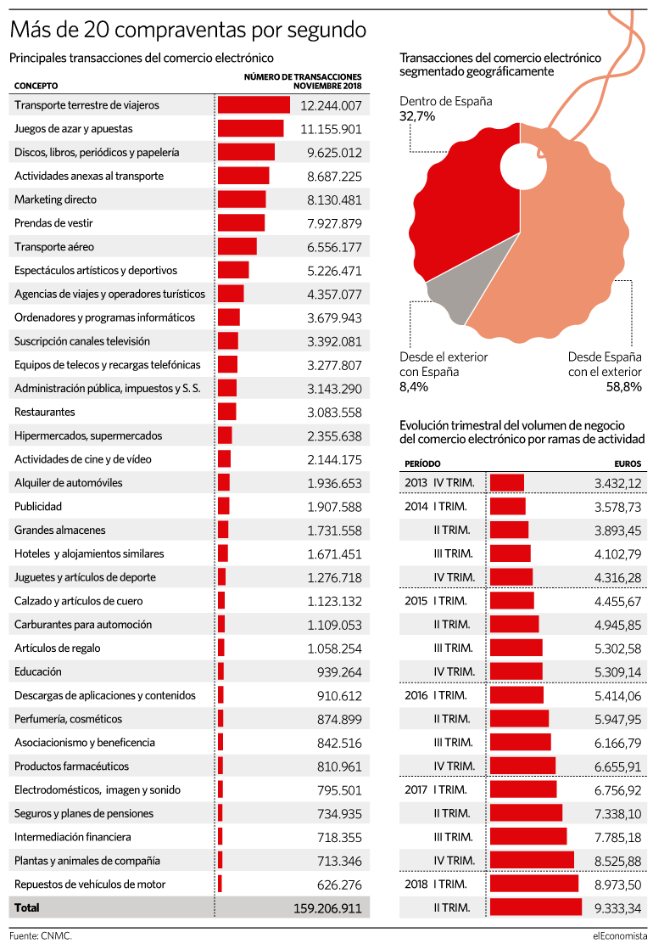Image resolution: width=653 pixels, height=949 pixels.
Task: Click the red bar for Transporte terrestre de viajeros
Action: [254, 105]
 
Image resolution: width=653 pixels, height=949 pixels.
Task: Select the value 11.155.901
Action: [331, 129]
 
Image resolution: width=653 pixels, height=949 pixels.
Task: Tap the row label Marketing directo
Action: [56, 199]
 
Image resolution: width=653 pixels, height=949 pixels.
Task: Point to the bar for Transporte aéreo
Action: [237, 246]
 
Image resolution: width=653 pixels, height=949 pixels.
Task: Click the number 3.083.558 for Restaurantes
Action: [334, 413]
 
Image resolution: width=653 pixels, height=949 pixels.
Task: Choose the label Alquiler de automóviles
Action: [69, 483]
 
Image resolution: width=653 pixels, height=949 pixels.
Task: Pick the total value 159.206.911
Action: [327, 908]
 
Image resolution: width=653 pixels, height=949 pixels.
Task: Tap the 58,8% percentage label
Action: [624, 387]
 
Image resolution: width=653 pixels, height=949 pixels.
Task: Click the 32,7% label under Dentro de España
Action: [417, 116]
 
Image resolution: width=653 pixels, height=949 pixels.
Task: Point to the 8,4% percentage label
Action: [414, 387]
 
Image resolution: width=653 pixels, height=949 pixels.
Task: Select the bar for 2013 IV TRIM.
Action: [506, 483]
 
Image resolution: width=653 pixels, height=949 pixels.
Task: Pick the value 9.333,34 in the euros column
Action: [617, 908]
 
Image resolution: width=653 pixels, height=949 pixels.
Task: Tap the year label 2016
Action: [416, 695]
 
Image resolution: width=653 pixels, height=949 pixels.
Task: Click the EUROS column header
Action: [628, 463]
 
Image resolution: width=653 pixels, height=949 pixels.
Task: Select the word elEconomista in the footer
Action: [620, 935]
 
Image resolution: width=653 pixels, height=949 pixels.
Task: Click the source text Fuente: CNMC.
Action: [41, 935]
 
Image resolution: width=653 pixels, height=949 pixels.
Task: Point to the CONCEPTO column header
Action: [36, 86]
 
